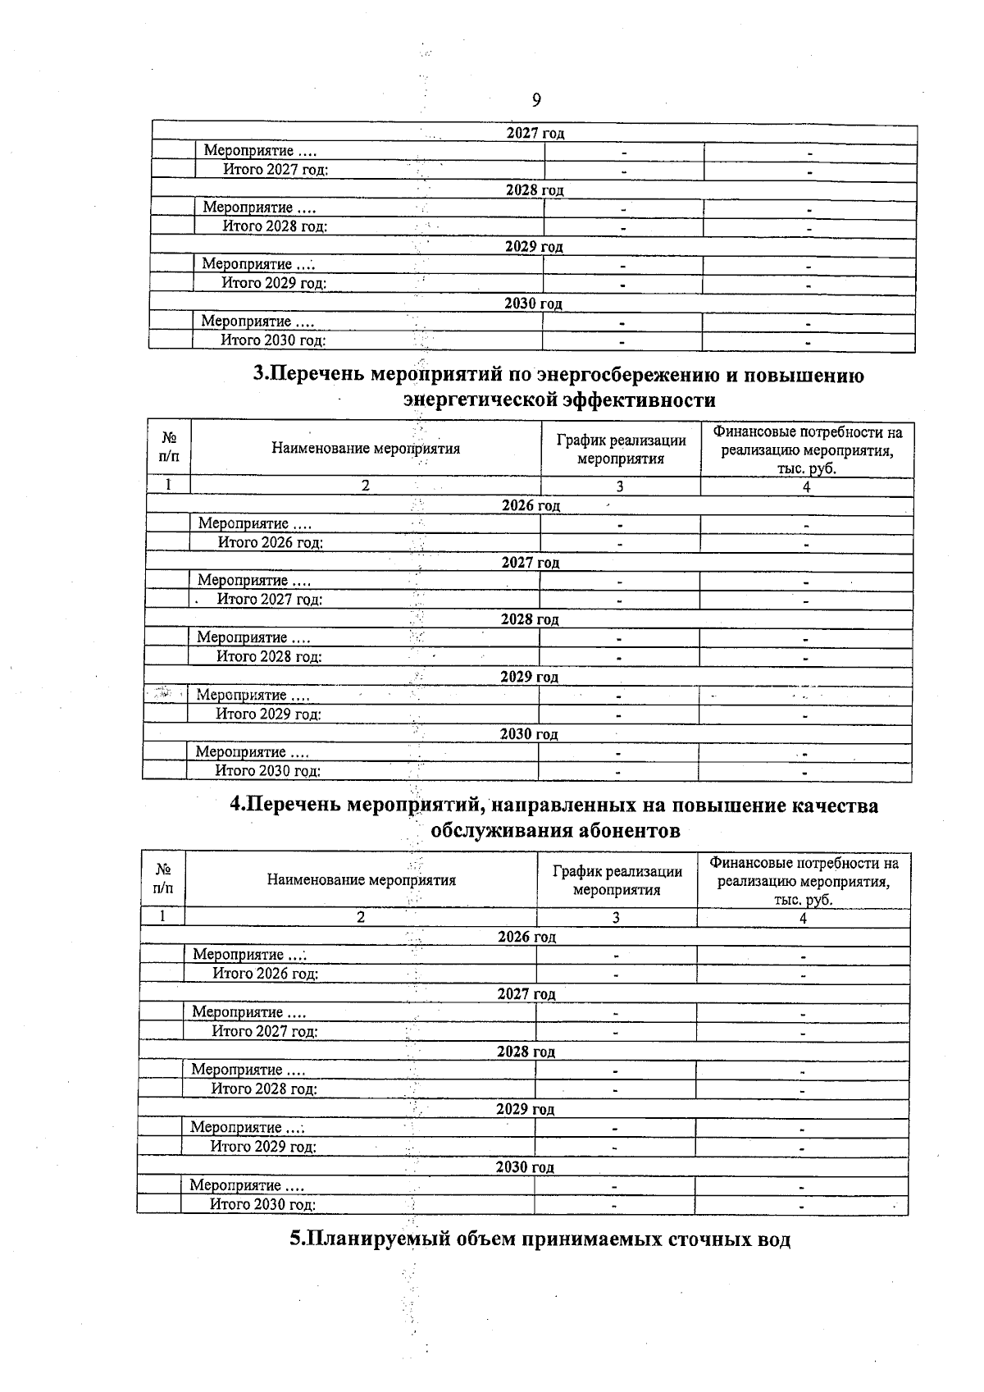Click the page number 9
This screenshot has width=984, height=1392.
536,100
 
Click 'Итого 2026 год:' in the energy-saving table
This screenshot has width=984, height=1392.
270,542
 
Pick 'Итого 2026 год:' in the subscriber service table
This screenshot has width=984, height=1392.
265,974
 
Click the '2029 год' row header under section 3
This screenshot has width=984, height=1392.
529,677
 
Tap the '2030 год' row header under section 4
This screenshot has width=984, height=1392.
525,1166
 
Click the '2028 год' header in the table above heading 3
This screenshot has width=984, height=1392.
535,189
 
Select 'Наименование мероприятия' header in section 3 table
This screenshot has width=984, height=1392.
366,449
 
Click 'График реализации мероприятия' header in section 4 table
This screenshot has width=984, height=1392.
617,881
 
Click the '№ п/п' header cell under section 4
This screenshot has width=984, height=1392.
162,879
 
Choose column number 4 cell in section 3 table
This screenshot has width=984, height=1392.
806,486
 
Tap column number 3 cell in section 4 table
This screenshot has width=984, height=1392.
616,918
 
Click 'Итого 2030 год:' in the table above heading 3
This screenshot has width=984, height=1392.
273,340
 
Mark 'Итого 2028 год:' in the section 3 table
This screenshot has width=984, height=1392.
268,656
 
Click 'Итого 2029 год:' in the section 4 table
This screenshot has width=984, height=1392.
263,1146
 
